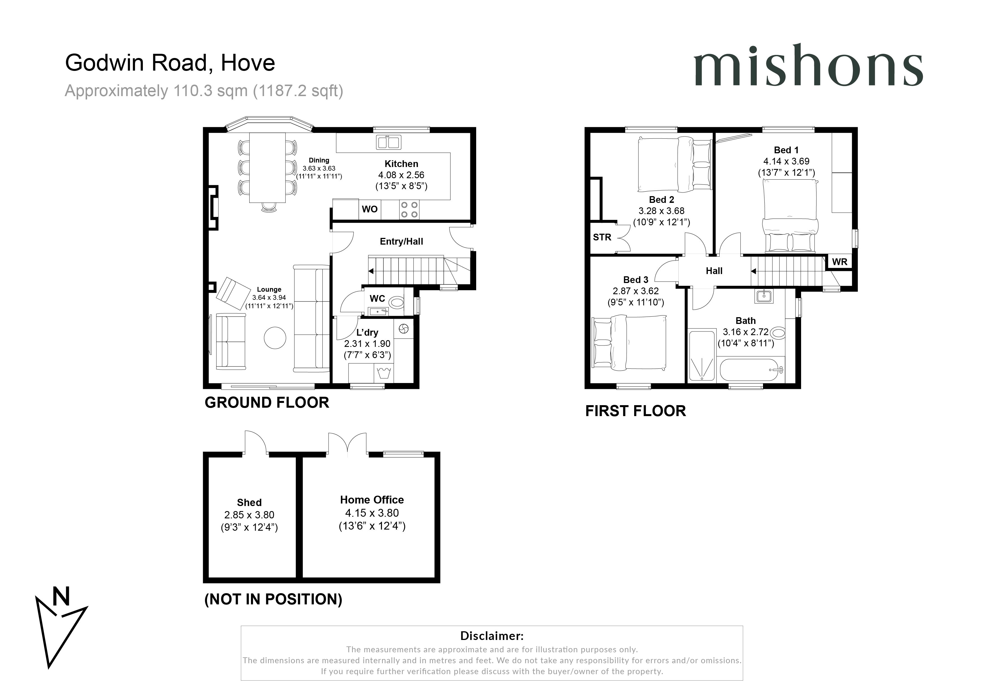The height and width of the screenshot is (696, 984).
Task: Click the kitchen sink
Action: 388,142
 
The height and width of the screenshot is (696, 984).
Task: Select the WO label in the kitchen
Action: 369,209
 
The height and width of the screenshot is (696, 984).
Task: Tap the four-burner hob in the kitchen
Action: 409,210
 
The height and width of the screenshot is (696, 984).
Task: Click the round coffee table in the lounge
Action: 275,338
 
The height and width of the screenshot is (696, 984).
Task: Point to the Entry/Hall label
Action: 401,242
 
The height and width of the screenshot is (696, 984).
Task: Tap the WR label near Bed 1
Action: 839,262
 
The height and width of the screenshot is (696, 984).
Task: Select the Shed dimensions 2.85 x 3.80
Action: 249,515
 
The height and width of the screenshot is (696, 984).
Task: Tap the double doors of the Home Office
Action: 347,444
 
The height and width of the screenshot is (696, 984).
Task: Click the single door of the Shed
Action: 255,442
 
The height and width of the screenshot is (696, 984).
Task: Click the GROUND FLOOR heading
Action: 267,402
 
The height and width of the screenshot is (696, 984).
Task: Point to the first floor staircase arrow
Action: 753,271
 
